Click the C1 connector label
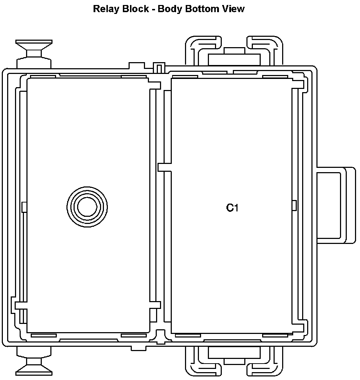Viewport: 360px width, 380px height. pyautogui.click(x=232, y=208)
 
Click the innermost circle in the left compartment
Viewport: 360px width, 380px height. pyautogui.click(x=87, y=207)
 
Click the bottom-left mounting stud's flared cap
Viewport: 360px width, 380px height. pyautogui.click(x=34, y=370)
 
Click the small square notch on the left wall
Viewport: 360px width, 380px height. pyautogui.click(x=24, y=207)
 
